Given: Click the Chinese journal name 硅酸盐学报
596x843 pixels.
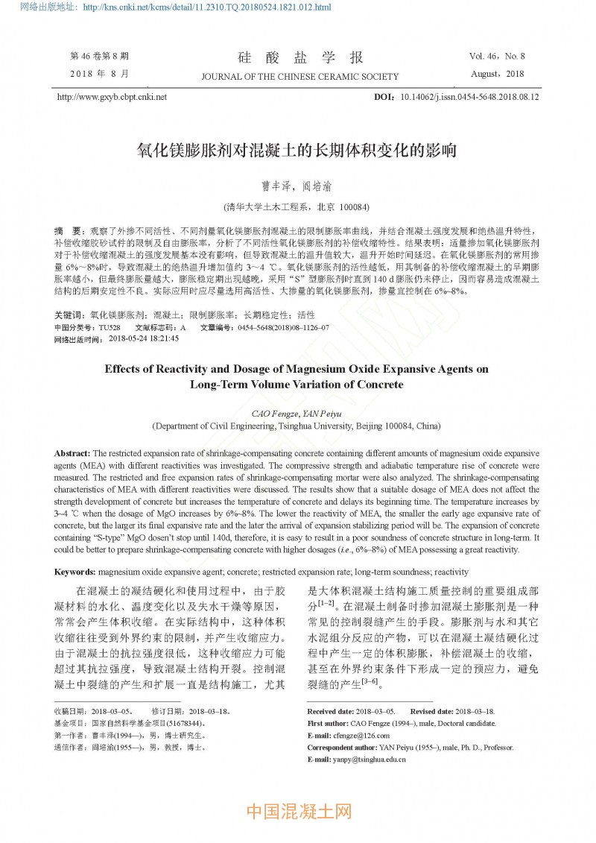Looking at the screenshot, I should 300,57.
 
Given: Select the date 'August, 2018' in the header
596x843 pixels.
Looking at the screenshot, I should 498,74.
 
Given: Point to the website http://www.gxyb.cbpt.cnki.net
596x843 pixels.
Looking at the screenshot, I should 112,97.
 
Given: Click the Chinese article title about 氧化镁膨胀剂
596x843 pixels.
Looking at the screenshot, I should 297,151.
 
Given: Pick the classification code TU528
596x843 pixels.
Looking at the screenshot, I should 110,327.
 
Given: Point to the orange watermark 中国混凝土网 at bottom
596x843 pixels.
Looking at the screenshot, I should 298,811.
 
